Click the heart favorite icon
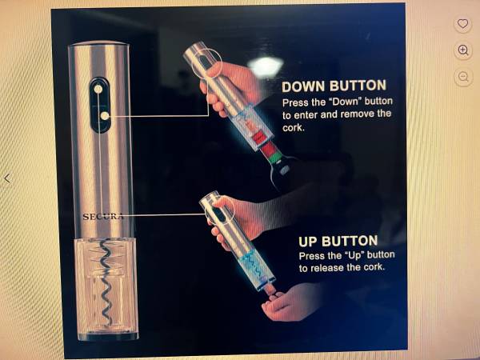(462, 23)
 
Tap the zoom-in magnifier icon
(463, 50)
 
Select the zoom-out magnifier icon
(463, 77)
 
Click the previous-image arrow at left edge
(7, 178)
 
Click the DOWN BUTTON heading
(334, 86)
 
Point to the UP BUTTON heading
(338, 242)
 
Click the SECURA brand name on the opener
(103, 217)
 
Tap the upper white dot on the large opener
(98, 89)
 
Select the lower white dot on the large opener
(105, 116)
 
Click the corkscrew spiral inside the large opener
(106, 283)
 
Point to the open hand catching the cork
(291, 303)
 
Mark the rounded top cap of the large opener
(98, 43)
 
